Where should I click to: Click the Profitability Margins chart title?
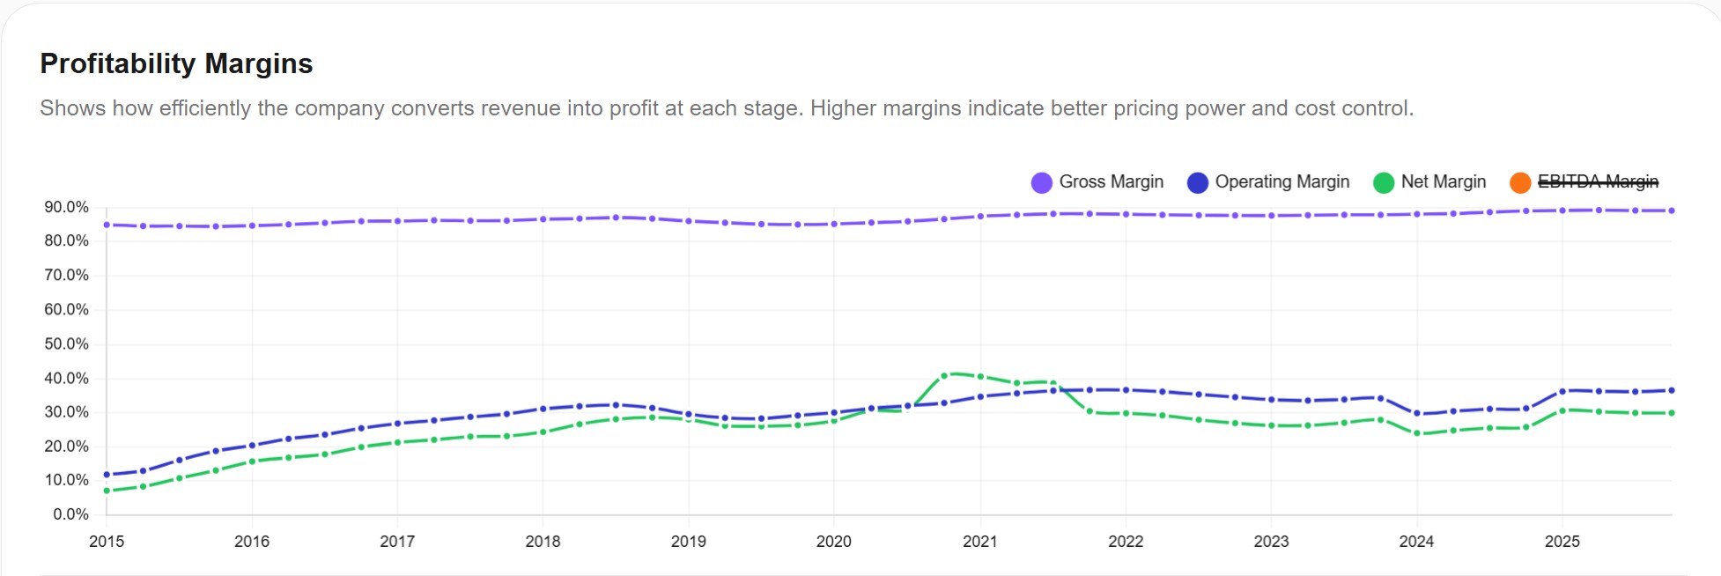coord(176,63)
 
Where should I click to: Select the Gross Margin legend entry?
coord(1097,181)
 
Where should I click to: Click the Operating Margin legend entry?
coord(1269,181)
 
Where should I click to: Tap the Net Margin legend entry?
coord(1430,181)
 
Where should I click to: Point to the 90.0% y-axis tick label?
coord(67,207)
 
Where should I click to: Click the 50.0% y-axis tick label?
coord(67,343)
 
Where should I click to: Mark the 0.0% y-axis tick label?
coord(70,514)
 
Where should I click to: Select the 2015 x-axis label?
coord(107,542)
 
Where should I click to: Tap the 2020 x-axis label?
coord(833,542)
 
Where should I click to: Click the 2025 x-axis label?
coord(1562,542)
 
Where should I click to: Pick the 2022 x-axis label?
coord(1126,542)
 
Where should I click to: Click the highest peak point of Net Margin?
coord(944,376)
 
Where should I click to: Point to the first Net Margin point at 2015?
coord(107,491)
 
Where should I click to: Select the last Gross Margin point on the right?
coord(1671,210)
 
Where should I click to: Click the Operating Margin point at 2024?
coord(1416,413)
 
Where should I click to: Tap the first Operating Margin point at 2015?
coord(107,475)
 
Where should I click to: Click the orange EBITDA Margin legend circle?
coord(1520,182)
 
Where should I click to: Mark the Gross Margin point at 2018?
coord(543,219)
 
